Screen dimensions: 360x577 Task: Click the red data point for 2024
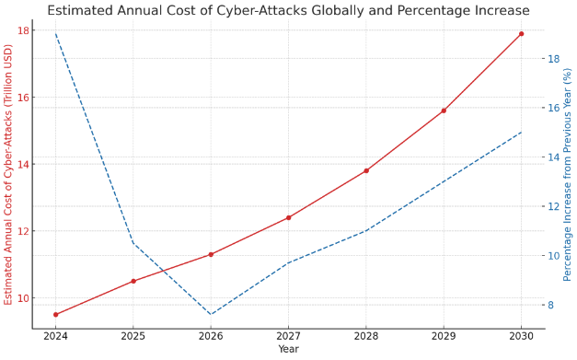point(55,314)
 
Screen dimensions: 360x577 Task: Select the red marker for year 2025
point(133,281)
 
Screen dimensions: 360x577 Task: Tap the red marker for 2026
point(211,254)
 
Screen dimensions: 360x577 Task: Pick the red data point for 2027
point(288,217)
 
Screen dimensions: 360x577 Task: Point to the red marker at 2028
point(366,170)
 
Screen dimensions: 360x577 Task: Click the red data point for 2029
point(444,110)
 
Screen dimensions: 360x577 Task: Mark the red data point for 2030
point(521,34)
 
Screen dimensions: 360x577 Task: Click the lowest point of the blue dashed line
point(211,314)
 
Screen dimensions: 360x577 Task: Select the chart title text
point(288,10)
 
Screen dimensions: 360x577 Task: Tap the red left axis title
point(8,174)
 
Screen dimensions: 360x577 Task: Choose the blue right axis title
point(568,174)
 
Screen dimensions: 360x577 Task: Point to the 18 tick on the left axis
point(22,30)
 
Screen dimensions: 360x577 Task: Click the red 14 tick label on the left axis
point(22,164)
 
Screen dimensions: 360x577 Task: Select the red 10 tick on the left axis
point(22,298)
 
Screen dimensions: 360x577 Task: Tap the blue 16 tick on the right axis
point(554,108)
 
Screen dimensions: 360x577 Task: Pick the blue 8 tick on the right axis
point(552,305)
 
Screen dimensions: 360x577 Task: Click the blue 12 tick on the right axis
point(554,206)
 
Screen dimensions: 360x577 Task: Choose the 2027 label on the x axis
point(288,337)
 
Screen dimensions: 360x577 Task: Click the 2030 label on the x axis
point(521,337)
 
